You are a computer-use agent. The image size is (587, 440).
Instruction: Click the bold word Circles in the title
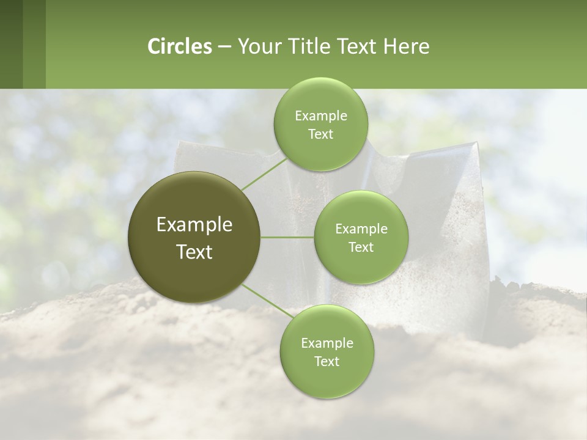(179, 46)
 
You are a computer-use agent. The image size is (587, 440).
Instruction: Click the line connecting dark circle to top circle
(263, 174)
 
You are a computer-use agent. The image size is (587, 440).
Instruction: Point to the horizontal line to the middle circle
(287, 237)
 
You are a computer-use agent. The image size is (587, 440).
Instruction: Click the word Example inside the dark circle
(194, 225)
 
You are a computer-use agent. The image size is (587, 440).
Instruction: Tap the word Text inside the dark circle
(194, 252)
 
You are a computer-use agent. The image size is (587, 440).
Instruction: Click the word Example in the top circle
(320, 116)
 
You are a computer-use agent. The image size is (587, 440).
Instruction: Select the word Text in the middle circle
(361, 247)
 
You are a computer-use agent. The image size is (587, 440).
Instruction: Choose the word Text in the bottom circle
(327, 361)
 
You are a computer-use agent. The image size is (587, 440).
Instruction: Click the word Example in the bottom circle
(327, 343)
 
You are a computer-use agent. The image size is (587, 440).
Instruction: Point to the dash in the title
(224, 47)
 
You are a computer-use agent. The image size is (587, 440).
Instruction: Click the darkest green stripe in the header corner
(11, 44)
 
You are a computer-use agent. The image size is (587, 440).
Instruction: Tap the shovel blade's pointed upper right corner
(475, 145)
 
